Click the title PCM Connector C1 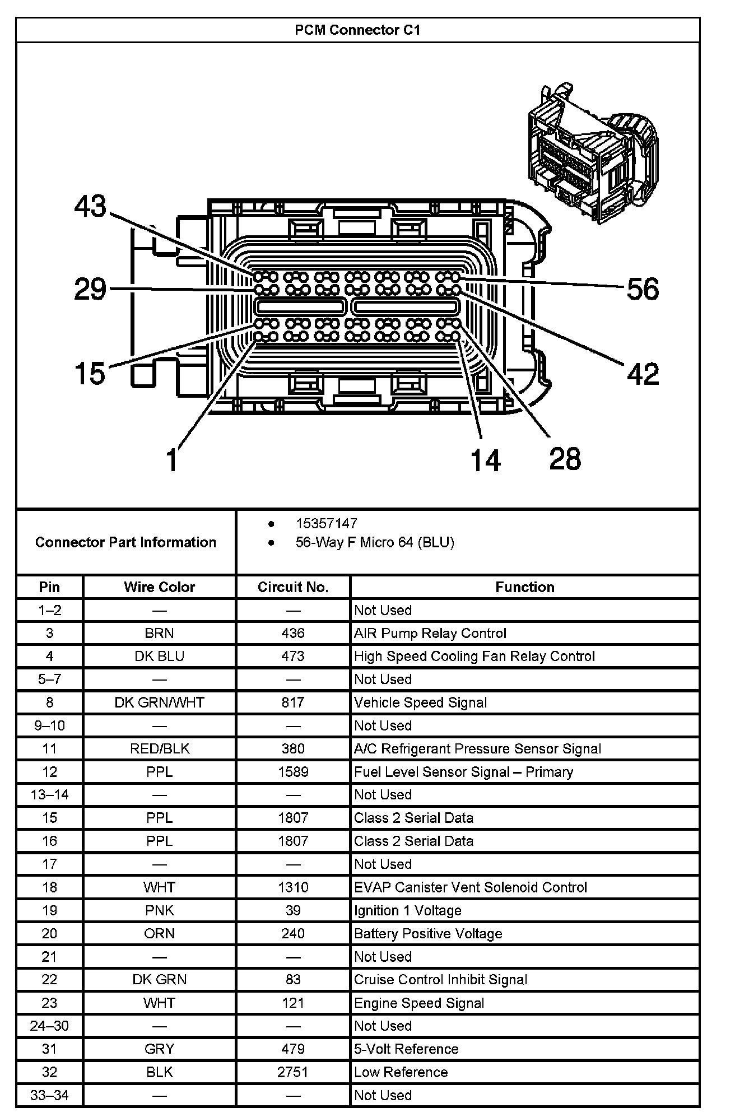[x=357, y=30]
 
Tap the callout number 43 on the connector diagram [x=90, y=206]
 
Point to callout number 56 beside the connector [x=643, y=289]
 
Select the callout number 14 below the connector [x=485, y=460]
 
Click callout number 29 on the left [x=90, y=290]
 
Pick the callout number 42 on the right [x=643, y=373]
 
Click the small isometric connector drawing [x=593, y=153]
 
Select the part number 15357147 [x=326, y=523]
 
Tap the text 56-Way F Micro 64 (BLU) [x=375, y=542]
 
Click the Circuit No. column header [x=293, y=587]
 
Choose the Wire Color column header [x=160, y=587]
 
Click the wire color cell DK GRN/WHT [x=160, y=702]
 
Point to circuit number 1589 [x=293, y=772]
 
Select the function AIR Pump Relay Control [x=430, y=633]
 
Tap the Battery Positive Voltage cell [x=428, y=933]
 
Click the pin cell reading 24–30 [x=49, y=1026]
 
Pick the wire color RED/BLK [x=160, y=748]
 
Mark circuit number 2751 [x=293, y=1072]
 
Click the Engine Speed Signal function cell [x=419, y=1003]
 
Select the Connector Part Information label [x=125, y=542]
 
